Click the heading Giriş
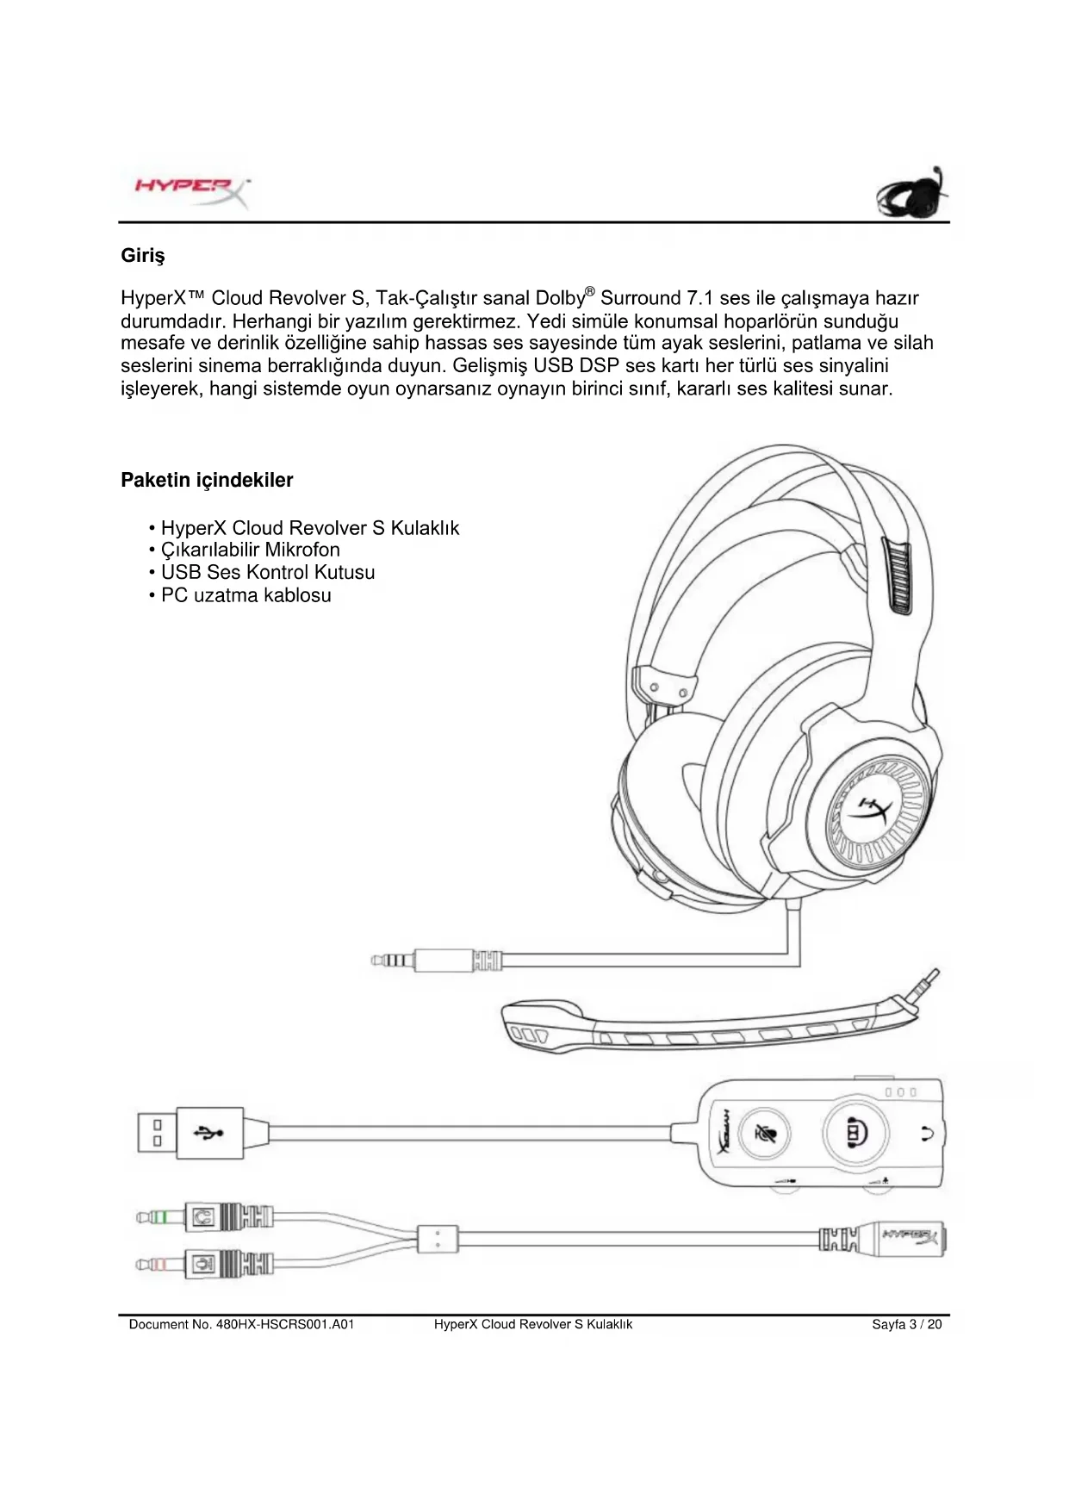pyautogui.click(x=142, y=256)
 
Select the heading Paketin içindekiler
pyautogui.click(x=207, y=480)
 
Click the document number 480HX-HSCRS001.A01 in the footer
pyautogui.click(x=241, y=1324)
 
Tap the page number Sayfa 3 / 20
pyautogui.click(x=906, y=1324)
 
